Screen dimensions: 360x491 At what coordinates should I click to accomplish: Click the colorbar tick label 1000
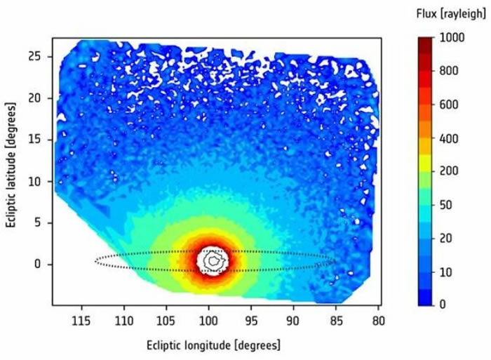pyautogui.click(x=451, y=39)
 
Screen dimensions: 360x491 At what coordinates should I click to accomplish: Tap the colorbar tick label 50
pyautogui.click(x=446, y=205)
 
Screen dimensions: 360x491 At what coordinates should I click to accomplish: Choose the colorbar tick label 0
pyautogui.click(x=443, y=305)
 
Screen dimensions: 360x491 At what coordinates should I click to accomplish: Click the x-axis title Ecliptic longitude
pyautogui.click(x=213, y=345)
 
